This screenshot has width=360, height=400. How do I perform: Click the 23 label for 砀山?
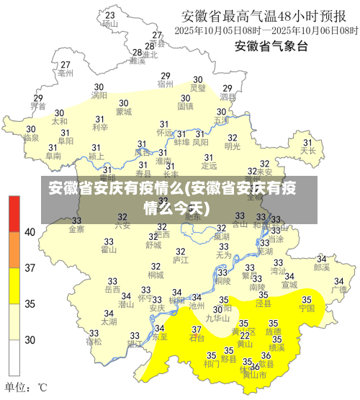pyautogui.click(x=109, y=15)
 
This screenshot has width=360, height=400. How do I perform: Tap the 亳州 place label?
pyautogui.click(x=66, y=74)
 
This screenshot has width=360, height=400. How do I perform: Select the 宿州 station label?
pyautogui.click(x=166, y=84)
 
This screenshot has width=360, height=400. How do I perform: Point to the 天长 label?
pyautogui.click(x=308, y=151)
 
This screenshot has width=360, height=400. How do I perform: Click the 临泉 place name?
pyautogui.click(x=31, y=137)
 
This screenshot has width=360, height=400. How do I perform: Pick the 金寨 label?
pyautogui.click(x=76, y=230)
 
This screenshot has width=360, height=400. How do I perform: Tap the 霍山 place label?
pyautogui.click(x=109, y=250)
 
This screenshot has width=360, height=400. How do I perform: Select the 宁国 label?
pyautogui.click(x=307, y=308)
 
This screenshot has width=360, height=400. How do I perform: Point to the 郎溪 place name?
pyautogui.click(x=322, y=267)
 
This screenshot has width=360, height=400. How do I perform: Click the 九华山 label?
pyautogui.click(x=217, y=317)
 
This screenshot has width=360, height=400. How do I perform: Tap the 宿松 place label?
pyautogui.click(x=94, y=342)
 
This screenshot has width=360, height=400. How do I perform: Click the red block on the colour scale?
pyautogui.click(x=14, y=213)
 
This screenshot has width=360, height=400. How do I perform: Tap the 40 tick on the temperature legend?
pyautogui.click(x=30, y=232)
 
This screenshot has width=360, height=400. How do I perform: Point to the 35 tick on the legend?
pyautogui.click(x=30, y=303)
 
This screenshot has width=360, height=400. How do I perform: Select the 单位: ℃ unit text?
pyautogui.click(x=26, y=386)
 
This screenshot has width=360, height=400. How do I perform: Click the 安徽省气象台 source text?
pyautogui.click(x=271, y=46)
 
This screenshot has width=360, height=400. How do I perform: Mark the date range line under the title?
pyautogui.click(x=266, y=31)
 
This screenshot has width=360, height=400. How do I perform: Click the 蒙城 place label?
pyautogui.click(x=124, y=112)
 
